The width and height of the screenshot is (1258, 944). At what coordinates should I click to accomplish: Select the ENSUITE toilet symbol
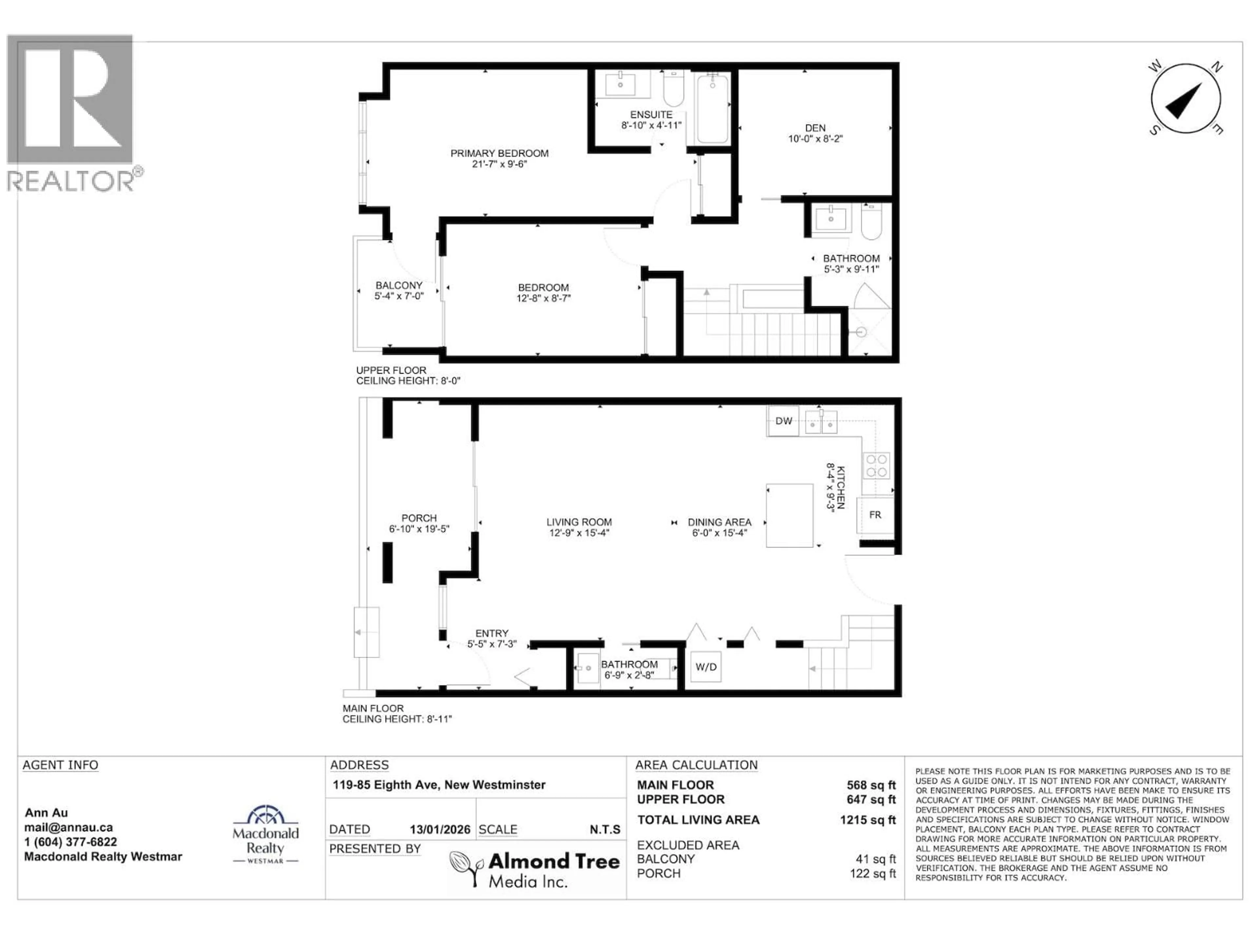[673, 91]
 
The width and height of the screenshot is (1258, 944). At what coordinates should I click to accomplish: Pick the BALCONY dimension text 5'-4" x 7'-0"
[399, 296]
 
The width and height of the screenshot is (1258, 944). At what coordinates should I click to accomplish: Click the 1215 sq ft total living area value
[867, 820]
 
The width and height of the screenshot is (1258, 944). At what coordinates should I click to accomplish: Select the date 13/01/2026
[440, 830]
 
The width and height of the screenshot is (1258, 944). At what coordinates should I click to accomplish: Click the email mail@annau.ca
[68, 827]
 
